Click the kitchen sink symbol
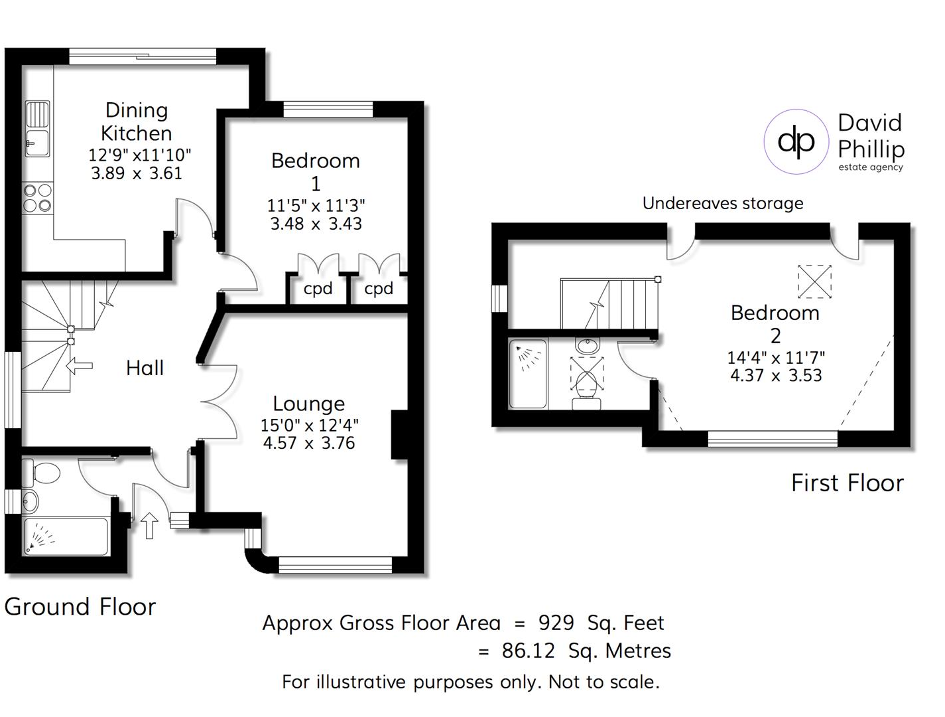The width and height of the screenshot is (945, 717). coord(37,128)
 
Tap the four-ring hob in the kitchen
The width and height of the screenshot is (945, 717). coord(37,198)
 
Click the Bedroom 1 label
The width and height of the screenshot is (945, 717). coord(316,171)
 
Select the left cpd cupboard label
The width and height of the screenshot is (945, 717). coord(318,289)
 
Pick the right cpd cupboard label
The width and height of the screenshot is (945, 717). coord(379,289)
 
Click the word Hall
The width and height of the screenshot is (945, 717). coord(145,368)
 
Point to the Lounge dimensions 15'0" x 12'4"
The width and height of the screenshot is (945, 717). coord(309,425)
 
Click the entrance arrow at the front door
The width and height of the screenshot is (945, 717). coord(150,525)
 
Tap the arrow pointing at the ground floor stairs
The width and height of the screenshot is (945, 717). coord(80,365)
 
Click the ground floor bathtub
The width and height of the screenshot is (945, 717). coord(66,536)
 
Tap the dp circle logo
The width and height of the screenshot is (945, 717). coord(796,141)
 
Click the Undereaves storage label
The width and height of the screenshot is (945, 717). coord(723,203)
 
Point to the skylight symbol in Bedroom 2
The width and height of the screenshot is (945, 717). coord(814,281)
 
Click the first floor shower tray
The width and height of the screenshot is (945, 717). coord(528,374)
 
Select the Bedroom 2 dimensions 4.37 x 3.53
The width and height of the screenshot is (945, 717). coord(776,376)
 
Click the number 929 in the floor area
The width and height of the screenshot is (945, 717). coord(556,623)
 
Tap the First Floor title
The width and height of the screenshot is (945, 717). coord(847,483)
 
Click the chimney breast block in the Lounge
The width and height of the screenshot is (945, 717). coord(399,435)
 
